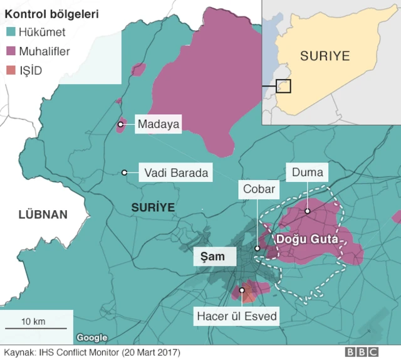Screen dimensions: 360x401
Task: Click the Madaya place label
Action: pos(158,124)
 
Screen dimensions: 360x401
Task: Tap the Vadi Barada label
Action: pos(175,172)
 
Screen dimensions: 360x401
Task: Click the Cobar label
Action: pos(259,189)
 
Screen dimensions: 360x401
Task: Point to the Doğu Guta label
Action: pos(306,240)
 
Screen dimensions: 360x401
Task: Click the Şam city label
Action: pos(213,256)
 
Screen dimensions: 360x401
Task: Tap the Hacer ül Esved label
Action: pos(237,316)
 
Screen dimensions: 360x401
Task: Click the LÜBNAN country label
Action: pos(43,214)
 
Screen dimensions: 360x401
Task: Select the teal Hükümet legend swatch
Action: pos(10,32)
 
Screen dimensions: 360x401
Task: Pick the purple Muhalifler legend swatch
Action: pos(10,51)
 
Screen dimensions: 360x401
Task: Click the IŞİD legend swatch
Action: pos(10,70)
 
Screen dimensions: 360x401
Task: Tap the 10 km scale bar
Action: pos(35,327)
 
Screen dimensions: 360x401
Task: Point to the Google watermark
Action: pos(92,338)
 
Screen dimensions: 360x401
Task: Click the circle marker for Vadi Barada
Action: pos(125,172)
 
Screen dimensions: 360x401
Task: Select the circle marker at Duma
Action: pos(308,211)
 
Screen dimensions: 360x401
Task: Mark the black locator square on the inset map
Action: pos(283,85)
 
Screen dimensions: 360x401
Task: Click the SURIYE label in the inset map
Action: pos(325,55)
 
